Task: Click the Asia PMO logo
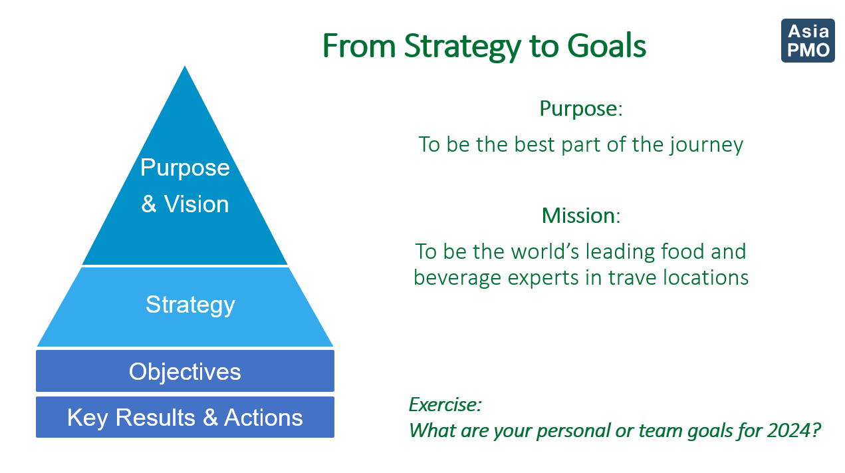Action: (808, 41)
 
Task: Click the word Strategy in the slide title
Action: (463, 47)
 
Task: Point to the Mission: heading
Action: (581, 216)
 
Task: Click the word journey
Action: (706, 145)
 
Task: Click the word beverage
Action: (457, 279)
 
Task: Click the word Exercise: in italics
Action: (445, 404)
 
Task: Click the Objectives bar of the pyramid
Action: (185, 371)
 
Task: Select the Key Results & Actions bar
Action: (185, 417)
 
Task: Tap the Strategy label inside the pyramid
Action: (190, 305)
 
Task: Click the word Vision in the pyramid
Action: (196, 204)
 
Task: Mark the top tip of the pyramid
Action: (184, 66)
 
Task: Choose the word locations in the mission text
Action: (705, 277)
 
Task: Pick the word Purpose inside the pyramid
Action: (185, 168)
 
